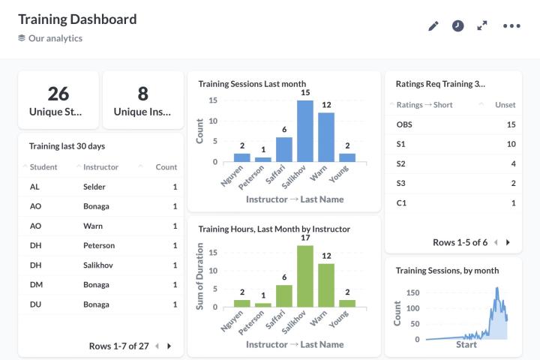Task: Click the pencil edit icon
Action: tap(433, 25)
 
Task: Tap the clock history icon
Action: tap(457, 25)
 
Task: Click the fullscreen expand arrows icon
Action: tap(482, 25)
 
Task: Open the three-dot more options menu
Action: tap(511, 25)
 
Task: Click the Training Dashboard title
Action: tap(77, 19)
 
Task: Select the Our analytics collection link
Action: tap(55, 38)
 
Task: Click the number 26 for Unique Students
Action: tap(58, 93)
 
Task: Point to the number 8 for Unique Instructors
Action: tap(142, 93)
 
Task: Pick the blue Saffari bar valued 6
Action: tap(284, 149)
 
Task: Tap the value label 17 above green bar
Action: tap(305, 238)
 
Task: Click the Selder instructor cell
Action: tap(94, 187)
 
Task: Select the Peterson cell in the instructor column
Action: tap(99, 245)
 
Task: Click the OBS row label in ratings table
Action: tap(404, 124)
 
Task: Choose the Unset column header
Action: tap(505, 105)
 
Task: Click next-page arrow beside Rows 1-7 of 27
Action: tap(169, 346)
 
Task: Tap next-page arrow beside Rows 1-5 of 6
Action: tap(508, 242)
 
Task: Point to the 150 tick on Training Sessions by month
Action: tap(412, 292)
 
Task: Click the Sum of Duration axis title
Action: tap(200, 277)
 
